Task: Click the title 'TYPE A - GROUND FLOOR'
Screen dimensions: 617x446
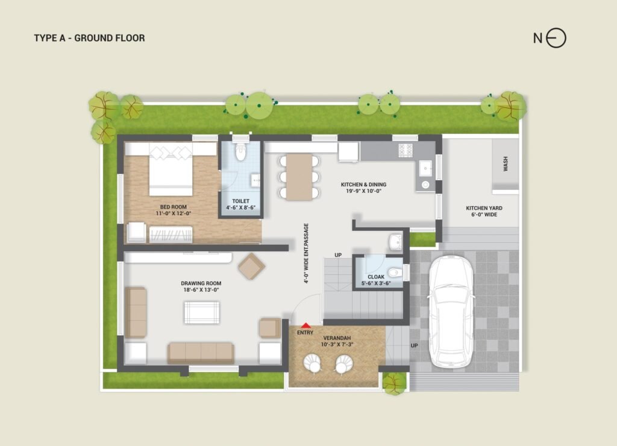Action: pyautogui.click(x=89, y=38)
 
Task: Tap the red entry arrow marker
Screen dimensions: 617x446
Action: pyautogui.click(x=305, y=325)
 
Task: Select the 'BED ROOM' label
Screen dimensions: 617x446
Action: pyautogui.click(x=173, y=207)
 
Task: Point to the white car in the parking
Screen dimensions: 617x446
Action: pyautogui.click(x=450, y=312)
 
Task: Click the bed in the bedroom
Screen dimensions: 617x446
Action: pyautogui.click(x=171, y=169)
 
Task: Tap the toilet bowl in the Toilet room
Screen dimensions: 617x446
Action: pyautogui.click(x=240, y=152)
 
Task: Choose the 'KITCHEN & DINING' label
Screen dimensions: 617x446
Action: pyautogui.click(x=363, y=184)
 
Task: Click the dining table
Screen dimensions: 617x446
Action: pyautogui.click(x=299, y=177)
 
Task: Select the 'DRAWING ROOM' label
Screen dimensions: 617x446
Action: pyautogui.click(x=201, y=283)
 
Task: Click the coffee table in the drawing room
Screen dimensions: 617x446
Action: pyautogui.click(x=202, y=313)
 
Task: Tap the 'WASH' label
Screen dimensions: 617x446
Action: pyautogui.click(x=506, y=164)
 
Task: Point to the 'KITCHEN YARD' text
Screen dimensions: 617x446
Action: pyautogui.click(x=484, y=208)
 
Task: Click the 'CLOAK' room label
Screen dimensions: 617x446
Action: pyautogui.click(x=376, y=277)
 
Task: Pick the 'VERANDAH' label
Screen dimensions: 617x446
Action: pyautogui.click(x=337, y=338)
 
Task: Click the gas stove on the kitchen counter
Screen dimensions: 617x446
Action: pyautogui.click(x=406, y=150)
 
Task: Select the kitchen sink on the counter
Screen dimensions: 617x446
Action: pyautogui.click(x=425, y=169)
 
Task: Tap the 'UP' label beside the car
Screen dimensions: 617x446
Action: pyautogui.click(x=414, y=345)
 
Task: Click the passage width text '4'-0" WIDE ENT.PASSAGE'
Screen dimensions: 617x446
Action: pyautogui.click(x=306, y=254)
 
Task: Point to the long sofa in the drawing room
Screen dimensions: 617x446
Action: pyautogui.click(x=201, y=353)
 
